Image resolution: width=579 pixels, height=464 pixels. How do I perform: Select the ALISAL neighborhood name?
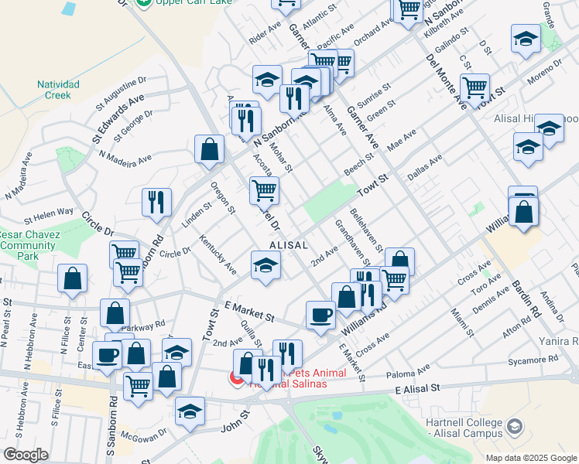tap(289, 244)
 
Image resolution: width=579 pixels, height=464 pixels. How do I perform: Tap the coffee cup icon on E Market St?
tap(320, 315)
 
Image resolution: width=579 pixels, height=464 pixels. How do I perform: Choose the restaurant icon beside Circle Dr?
tap(156, 202)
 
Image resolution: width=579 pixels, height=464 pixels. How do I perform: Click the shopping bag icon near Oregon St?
tap(210, 149)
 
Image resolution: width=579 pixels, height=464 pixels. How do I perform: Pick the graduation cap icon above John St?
tap(190, 411)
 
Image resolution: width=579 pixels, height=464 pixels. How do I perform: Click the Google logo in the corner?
tap(26, 455)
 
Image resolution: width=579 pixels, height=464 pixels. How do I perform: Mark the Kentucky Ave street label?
tap(218, 255)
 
